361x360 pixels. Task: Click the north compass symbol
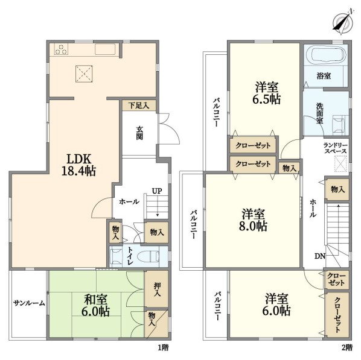pos(343,22)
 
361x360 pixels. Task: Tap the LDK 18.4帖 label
pos(78,165)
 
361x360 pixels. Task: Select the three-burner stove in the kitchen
pos(61,49)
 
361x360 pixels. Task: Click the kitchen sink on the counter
pos(105,49)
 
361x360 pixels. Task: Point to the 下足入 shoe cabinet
pos(139,106)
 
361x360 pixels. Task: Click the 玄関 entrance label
pos(139,133)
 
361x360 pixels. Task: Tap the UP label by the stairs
pos(157,191)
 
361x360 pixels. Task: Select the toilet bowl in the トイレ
pos(148,256)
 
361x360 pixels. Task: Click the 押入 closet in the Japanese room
pos(156,289)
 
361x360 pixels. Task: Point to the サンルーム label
pos(29,303)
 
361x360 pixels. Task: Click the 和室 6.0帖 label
pos(95,305)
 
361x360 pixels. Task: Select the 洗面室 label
pos(319,113)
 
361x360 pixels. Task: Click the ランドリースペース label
pos(335,148)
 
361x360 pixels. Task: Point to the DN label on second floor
pos(320,256)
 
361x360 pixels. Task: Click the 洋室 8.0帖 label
pos(253,220)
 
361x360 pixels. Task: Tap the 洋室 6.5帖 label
pos(267,93)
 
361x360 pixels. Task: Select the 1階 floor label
pos(163,347)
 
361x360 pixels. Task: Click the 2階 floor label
pos(347,347)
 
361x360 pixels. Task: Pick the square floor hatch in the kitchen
pos(84,74)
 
